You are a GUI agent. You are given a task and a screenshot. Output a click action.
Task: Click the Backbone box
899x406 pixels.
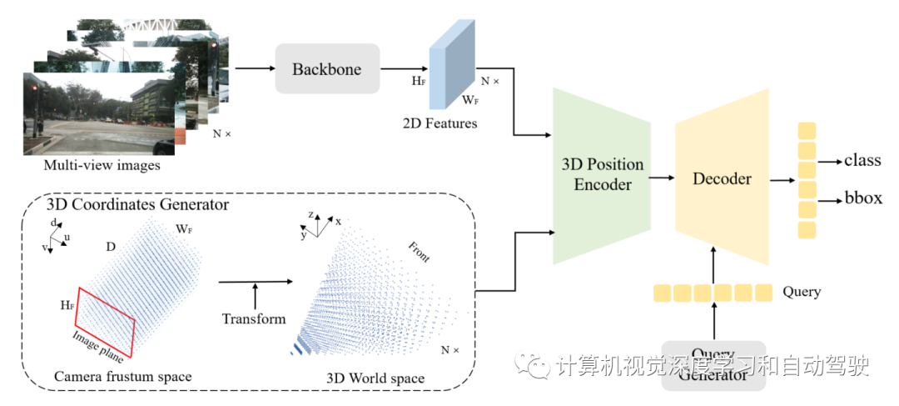point(326,69)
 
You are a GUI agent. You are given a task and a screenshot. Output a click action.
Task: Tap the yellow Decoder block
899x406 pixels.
point(722,178)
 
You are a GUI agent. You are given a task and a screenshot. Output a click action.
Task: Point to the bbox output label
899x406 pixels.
point(863,198)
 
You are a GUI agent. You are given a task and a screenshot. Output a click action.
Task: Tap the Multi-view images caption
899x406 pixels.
point(100,165)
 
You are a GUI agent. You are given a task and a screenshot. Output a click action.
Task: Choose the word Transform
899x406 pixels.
point(254,318)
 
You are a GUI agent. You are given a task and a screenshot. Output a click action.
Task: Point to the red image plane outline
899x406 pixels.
point(106,319)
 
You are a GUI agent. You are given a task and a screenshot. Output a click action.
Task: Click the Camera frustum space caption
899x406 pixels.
point(122,377)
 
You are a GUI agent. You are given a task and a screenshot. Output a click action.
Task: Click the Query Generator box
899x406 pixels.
point(713,366)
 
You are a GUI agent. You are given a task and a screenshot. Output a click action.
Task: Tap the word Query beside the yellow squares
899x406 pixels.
point(802,292)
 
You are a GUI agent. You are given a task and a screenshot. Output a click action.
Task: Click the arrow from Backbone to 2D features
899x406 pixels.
point(404,69)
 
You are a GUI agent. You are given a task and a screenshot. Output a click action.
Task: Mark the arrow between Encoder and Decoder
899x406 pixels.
point(663,177)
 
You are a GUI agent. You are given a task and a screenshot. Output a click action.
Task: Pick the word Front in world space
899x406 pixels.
point(419,252)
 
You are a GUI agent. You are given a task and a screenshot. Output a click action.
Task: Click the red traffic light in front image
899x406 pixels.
point(34,89)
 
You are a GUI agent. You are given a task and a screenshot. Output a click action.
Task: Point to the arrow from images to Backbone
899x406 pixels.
point(254,69)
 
